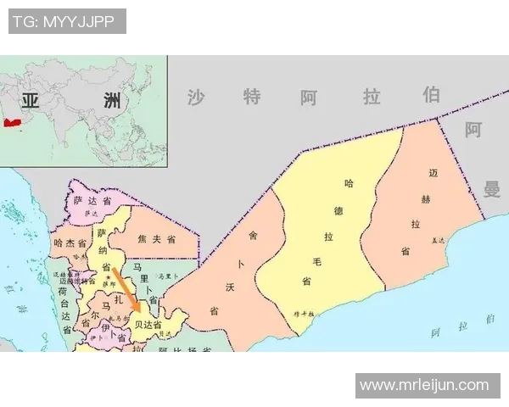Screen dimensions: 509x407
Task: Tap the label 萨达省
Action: tap(92, 202)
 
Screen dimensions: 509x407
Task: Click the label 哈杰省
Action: tap(70, 243)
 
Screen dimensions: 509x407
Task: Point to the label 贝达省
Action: tap(148, 325)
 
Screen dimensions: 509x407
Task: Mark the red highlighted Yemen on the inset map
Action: tap(11, 123)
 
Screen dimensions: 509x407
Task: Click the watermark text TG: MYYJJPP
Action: tap(67, 21)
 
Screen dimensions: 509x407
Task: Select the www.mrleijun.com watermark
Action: tap(424, 385)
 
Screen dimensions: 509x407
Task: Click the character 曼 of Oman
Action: tap(492, 188)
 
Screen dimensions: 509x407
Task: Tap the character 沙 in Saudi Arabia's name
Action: tap(197, 97)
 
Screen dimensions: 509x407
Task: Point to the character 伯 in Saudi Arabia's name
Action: tap(432, 94)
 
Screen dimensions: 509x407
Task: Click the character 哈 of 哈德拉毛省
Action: tap(349, 183)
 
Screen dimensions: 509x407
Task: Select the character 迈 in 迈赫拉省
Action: tap(434, 174)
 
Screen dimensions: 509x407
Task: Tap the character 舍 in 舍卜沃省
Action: tap(252, 235)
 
